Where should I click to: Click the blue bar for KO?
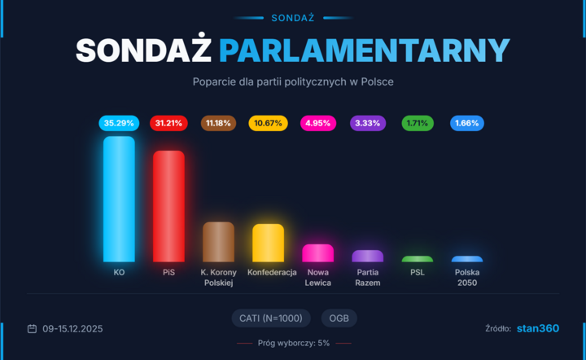point(119,199)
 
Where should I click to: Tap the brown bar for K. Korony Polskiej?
point(218,242)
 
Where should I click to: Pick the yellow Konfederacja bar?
point(268,243)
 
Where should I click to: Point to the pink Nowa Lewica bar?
point(317,253)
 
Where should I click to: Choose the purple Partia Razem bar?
point(367,256)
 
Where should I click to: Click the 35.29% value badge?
point(119,124)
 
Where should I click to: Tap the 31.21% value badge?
point(168,124)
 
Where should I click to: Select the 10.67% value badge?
point(268,124)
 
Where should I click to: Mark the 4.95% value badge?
point(317,124)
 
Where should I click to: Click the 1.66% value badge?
point(466,124)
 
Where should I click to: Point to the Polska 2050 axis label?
point(466,278)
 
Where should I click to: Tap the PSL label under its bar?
point(417,273)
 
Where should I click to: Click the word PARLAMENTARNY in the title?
point(364,51)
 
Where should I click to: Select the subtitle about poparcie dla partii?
point(293,82)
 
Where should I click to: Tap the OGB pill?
point(339,318)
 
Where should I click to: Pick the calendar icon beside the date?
point(32,329)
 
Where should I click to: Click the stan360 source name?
point(538,328)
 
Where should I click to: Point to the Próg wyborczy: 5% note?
point(294,343)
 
